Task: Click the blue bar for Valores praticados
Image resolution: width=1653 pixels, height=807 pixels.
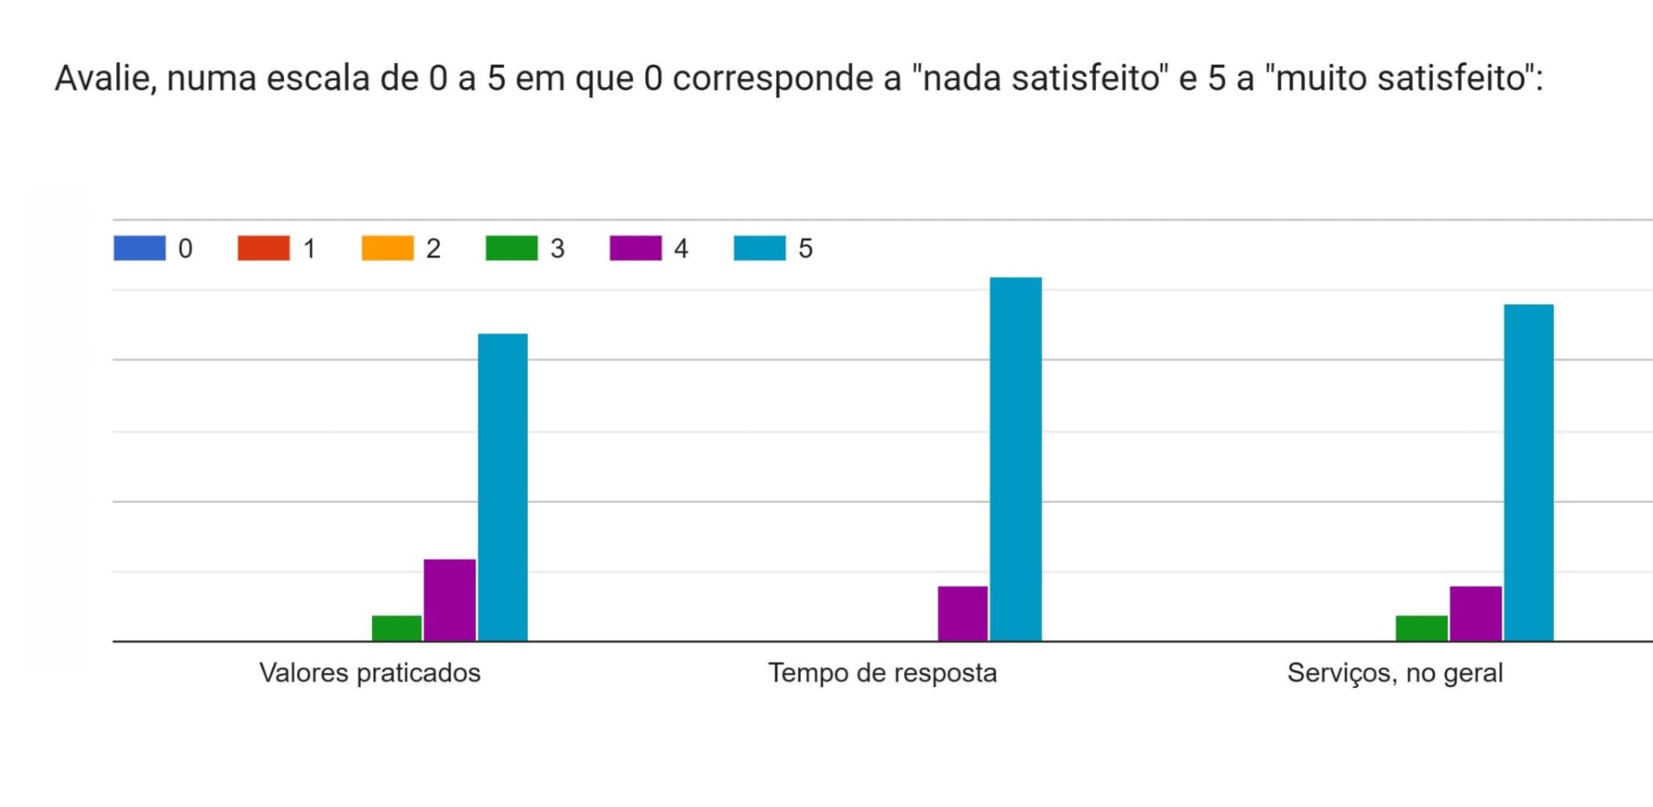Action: pos(503,487)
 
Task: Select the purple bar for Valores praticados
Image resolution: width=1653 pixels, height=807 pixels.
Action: pos(449,599)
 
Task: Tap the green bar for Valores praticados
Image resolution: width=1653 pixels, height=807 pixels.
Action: pos(397,628)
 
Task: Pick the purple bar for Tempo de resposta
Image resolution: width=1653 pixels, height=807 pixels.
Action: pos(963,613)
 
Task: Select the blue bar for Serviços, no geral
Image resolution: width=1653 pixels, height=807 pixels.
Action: pos(1529,472)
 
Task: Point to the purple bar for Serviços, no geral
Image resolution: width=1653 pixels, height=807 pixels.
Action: pos(1476,613)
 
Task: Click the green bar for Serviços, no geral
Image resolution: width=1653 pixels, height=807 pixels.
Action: pos(1421,628)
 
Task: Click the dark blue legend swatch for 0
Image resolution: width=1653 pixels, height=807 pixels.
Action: pos(139,248)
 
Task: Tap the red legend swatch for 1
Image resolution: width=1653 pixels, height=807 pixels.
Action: pos(263,248)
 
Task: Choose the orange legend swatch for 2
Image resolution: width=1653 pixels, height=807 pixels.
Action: pos(387,248)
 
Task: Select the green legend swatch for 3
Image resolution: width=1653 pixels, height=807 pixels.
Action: pos(511,248)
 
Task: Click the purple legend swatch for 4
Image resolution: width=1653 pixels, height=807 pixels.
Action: pos(635,248)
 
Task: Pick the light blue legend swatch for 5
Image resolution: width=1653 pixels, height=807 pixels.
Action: pos(759,248)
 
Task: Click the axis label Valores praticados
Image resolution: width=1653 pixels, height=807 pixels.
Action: pos(370,673)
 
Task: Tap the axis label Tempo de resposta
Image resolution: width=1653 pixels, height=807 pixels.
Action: pos(882,673)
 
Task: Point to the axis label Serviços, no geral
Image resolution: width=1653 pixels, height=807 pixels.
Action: pos(1395,673)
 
